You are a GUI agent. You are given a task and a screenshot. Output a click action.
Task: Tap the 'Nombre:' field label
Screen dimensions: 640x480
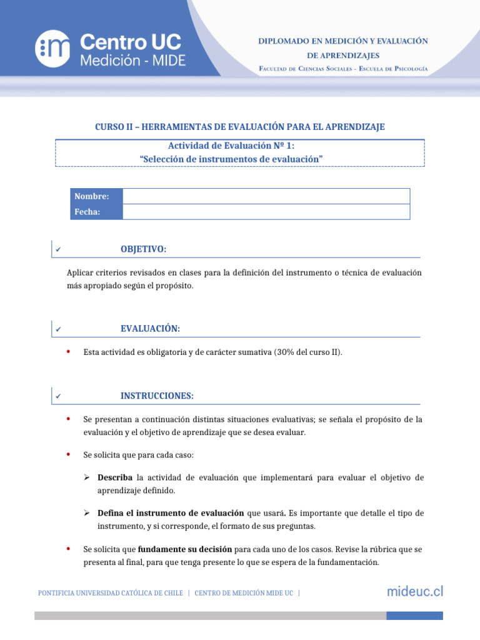(x=92, y=196)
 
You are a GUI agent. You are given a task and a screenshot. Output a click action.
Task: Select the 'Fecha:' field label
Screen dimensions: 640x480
(x=87, y=212)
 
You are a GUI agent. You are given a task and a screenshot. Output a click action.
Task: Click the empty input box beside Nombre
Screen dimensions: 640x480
(x=266, y=196)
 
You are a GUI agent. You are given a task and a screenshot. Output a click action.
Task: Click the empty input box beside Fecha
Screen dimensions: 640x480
(x=266, y=212)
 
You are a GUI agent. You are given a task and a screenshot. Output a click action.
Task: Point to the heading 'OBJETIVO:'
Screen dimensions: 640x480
(x=143, y=249)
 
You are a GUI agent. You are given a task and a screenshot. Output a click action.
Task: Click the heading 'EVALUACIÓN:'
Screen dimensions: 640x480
(x=150, y=329)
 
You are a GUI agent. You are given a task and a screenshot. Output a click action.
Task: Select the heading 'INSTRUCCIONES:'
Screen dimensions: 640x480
(x=157, y=396)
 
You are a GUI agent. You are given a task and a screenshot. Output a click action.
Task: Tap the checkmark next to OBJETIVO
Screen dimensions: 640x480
(x=57, y=250)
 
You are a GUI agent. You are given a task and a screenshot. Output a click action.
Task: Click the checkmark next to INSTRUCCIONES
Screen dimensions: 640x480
(x=57, y=396)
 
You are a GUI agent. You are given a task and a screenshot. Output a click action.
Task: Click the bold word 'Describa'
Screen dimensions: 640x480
(x=114, y=477)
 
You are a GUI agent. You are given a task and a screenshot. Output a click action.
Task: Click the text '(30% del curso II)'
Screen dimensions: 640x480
(x=307, y=352)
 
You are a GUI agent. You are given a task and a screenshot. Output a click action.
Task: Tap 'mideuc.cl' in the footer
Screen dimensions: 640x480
(x=414, y=591)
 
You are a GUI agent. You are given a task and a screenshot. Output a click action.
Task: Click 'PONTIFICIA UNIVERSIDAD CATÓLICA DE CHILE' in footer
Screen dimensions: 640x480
(x=111, y=592)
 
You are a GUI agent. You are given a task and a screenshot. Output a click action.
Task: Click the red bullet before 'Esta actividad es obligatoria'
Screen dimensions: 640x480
(x=68, y=352)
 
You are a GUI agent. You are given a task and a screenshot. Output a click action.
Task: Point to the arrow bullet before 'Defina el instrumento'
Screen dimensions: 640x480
(x=88, y=513)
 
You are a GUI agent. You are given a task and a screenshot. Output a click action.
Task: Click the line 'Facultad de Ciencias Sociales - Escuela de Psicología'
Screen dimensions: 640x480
(x=343, y=68)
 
